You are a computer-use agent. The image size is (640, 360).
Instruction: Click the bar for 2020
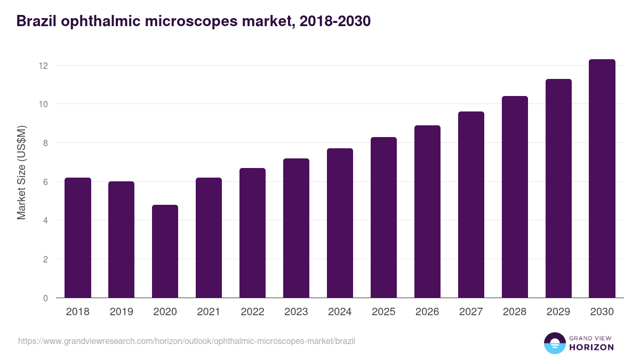click(165, 251)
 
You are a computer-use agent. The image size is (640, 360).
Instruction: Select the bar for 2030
click(602, 179)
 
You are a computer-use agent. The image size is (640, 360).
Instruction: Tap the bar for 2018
click(78, 238)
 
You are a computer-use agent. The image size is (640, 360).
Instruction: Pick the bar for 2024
click(340, 223)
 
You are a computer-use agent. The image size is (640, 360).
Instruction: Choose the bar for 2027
click(471, 205)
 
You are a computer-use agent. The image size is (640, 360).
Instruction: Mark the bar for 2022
click(252, 233)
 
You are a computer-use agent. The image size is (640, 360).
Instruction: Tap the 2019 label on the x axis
click(121, 312)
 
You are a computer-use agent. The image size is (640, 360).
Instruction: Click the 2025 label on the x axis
click(383, 312)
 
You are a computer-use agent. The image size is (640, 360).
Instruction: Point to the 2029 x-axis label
click(558, 312)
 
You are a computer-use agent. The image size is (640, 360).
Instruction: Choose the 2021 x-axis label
click(209, 312)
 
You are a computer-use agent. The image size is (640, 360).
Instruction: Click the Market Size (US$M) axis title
click(21, 172)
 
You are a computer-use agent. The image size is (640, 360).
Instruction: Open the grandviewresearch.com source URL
click(186, 341)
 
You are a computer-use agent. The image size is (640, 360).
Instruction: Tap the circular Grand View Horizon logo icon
click(555, 343)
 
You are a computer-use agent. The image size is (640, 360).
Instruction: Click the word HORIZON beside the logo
click(591, 347)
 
